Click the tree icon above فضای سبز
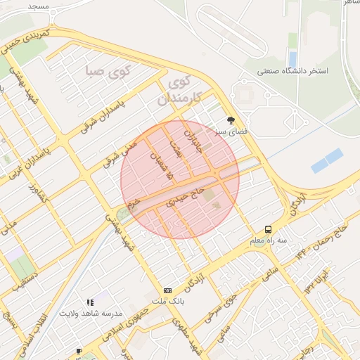click(x=231, y=120)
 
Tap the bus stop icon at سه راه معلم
click(x=268, y=229)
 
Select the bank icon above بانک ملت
click(x=167, y=290)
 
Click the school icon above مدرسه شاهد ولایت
click(x=90, y=302)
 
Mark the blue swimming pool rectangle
click(x=327, y=160)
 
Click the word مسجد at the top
click(x=38, y=6)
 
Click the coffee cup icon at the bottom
click(x=79, y=351)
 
